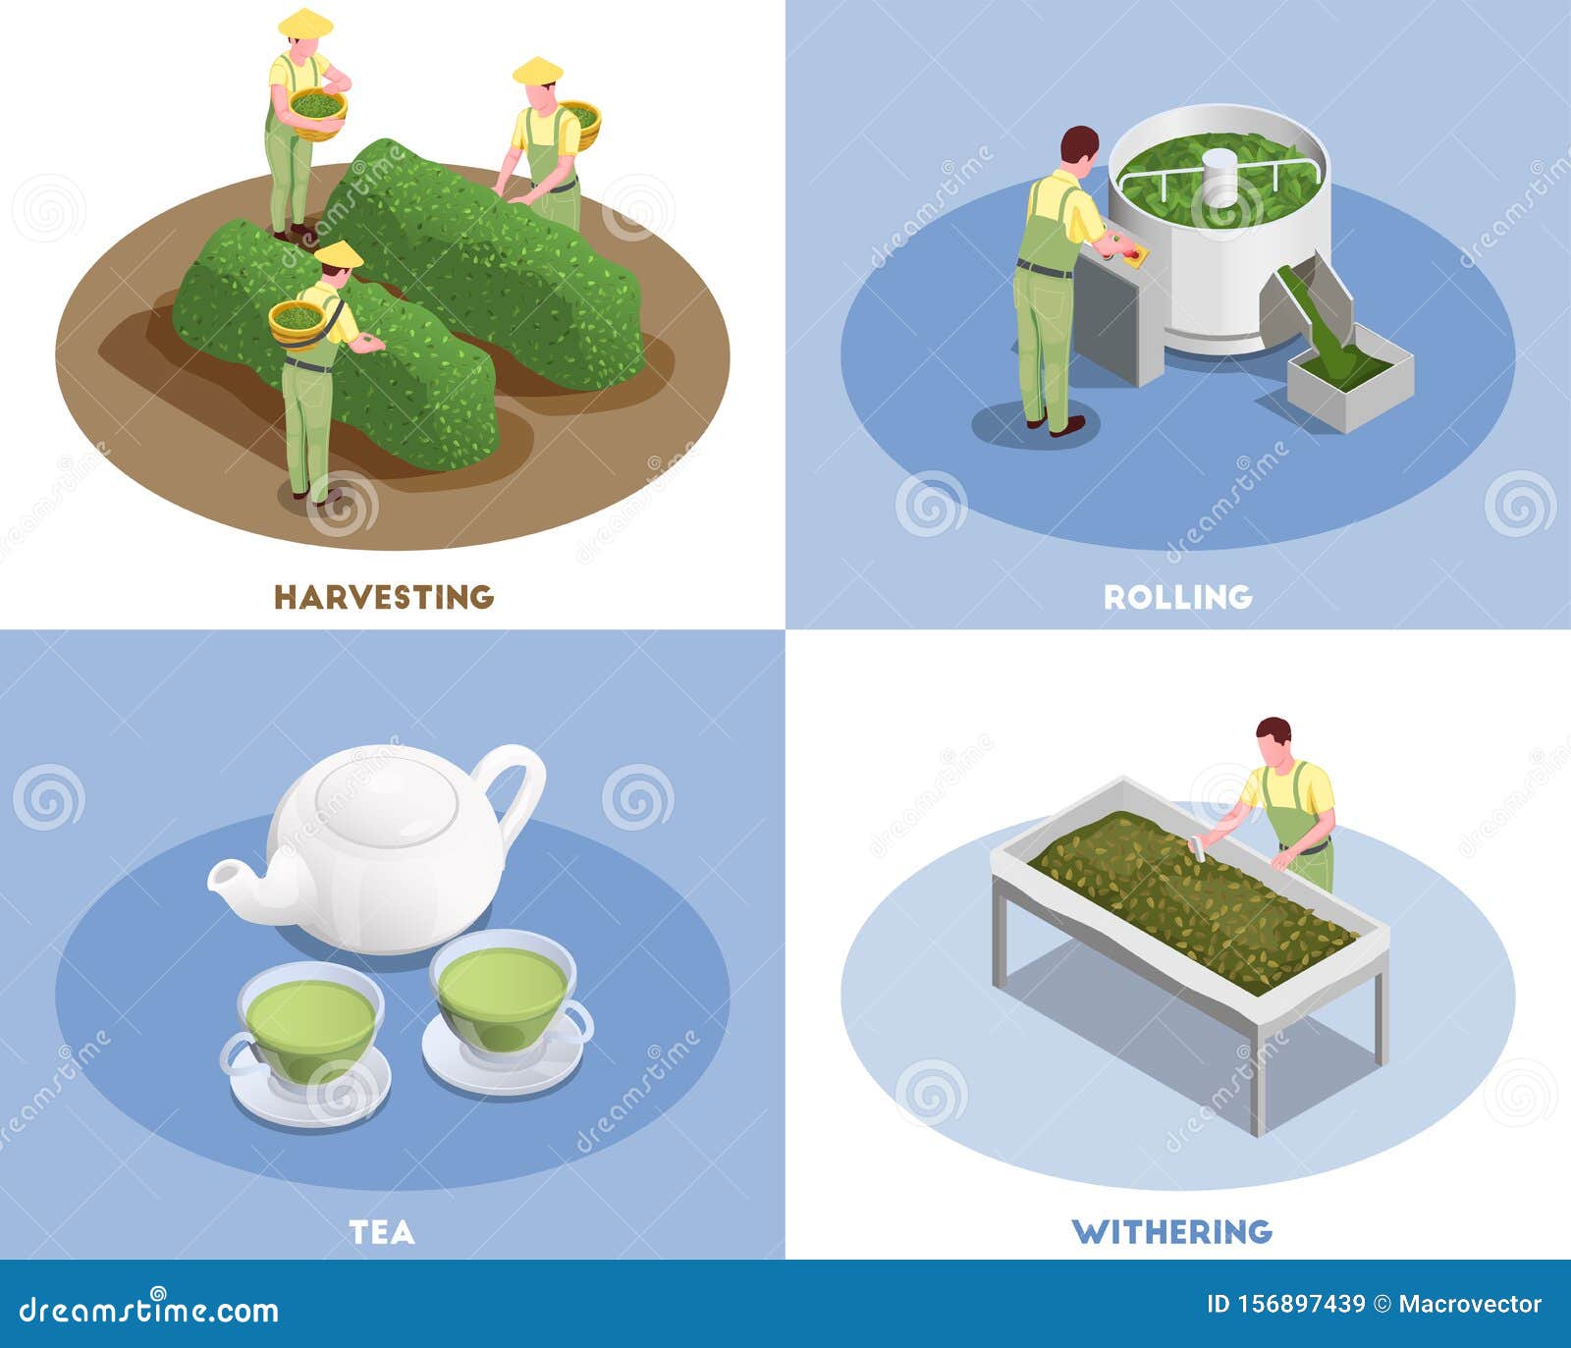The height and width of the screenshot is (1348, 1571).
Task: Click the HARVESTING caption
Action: pyautogui.click(x=383, y=597)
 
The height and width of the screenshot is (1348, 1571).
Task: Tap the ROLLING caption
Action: pyautogui.click(x=1177, y=597)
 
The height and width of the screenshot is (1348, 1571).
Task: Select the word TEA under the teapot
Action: pyautogui.click(x=382, y=1232)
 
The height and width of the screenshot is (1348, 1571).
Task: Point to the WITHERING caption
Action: pyautogui.click(x=1171, y=1231)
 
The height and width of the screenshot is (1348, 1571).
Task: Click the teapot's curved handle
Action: pyautogui.click(x=520, y=785)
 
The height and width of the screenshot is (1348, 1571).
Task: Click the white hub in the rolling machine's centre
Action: pyautogui.click(x=1220, y=177)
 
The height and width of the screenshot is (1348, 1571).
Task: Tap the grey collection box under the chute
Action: pyautogui.click(x=1350, y=378)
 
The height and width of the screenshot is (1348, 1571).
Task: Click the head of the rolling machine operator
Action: pyautogui.click(x=1080, y=147)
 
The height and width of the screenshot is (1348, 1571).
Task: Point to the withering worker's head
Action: pyautogui.click(x=1274, y=738)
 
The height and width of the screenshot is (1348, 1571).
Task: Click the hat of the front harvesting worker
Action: pyautogui.click(x=338, y=255)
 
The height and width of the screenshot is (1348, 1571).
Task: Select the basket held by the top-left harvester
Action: pyautogui.click(x=317, y=110)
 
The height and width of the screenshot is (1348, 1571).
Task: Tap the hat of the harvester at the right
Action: pyautogui.click(x=537, y=71)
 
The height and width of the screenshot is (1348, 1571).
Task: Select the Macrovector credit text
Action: pyautogui.click(x=1470, y=1304)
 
